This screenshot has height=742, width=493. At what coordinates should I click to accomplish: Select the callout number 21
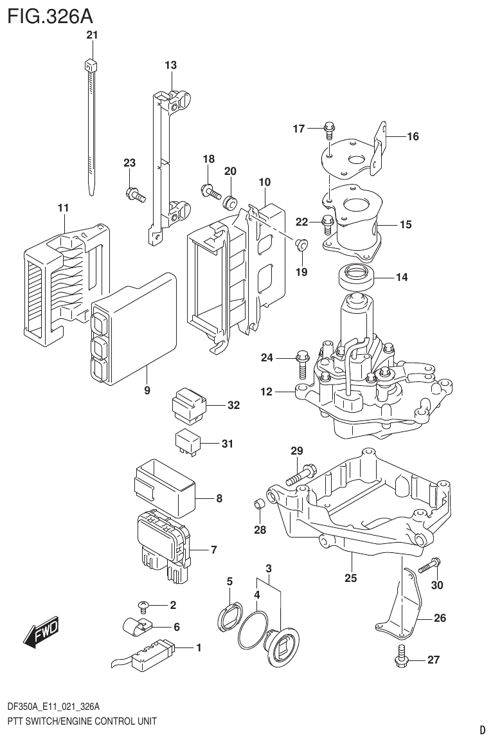[x=92, y=36]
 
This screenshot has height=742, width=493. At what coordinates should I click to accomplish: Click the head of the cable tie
[x=90, y=64]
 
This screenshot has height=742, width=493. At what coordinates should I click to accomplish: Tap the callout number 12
[x=267, y=391]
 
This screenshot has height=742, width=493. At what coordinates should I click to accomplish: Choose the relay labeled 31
[x=187, y=442]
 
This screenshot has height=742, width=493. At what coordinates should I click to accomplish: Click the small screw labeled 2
[x=145, y=604]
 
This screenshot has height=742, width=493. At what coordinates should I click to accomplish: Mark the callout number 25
[x=350, y=577]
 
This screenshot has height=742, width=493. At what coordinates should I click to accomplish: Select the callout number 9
[x=147, y=390]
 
